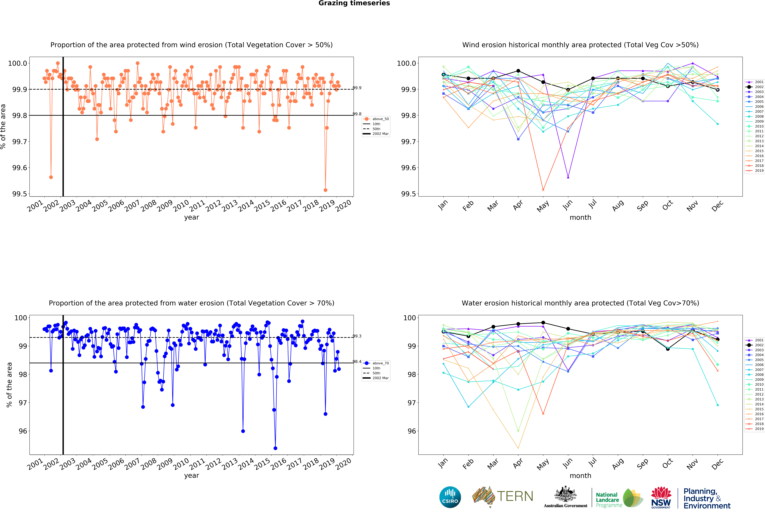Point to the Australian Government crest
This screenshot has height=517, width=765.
point(565,494)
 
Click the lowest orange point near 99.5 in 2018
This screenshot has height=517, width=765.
point(325,190)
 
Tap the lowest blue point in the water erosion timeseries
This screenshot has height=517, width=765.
point(275,448)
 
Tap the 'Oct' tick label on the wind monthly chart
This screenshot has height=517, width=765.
point(667,206)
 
